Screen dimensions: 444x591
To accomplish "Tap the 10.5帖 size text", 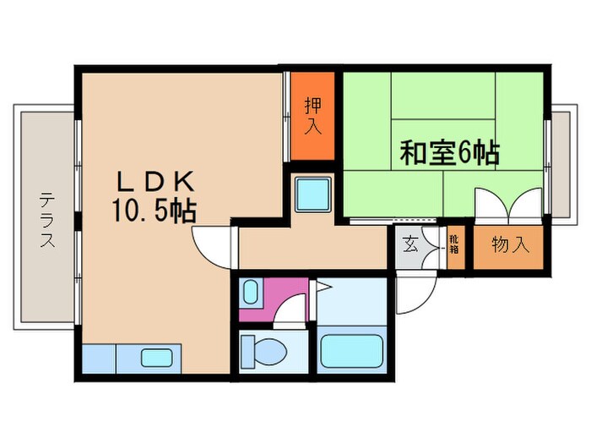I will point(152,211).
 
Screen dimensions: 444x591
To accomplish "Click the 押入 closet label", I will point(312,116).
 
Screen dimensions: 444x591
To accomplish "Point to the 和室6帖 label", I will point(448,154).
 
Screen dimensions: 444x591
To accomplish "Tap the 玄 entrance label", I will point(410,245).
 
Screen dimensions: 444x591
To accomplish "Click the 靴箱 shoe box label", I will point(454,246).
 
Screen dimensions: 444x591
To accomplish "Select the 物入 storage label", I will point(511,245).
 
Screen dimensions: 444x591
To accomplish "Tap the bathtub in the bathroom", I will point(352,351).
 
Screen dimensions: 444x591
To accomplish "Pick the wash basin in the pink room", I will point(251,293).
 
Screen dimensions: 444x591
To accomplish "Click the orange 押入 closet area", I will point(312,135).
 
